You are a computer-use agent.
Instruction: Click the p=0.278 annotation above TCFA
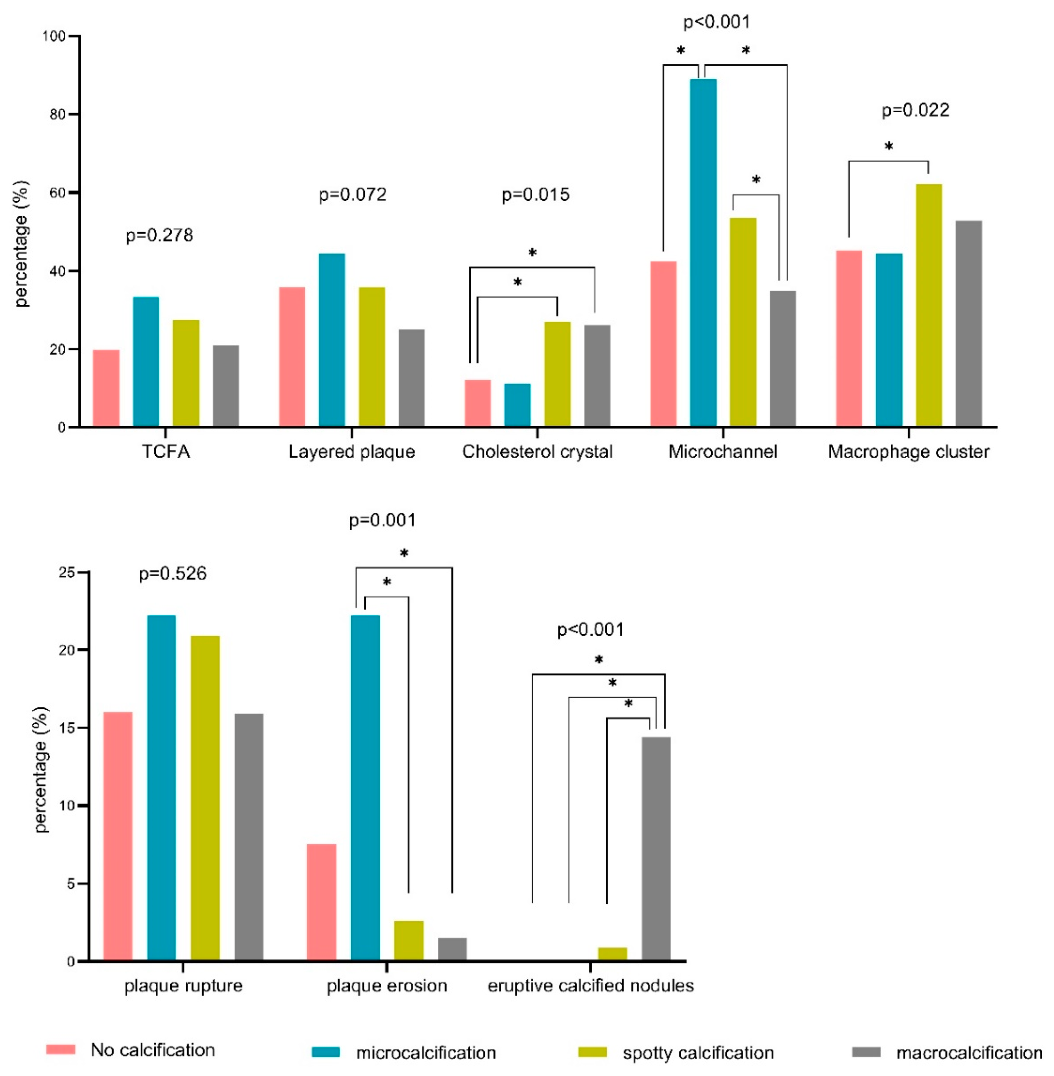tap(160, 235)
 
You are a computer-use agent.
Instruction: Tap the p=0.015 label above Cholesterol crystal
tap(535, 195)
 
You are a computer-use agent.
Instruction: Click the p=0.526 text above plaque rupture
tap(173, 574)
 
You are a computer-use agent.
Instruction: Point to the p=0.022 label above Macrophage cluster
tap(915, 110)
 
